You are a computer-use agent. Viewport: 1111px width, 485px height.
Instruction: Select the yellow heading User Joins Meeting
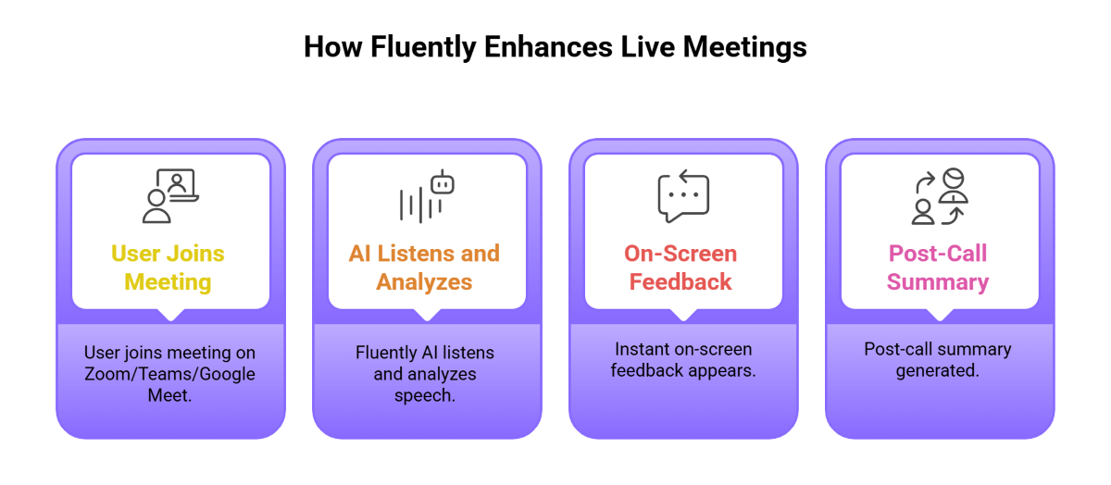(169, 267)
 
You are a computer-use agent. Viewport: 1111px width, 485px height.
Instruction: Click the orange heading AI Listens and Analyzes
(424, 267)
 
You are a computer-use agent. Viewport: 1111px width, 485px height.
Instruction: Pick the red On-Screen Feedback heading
(680, 267)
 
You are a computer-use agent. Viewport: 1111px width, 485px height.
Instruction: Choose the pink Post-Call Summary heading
(938, 267)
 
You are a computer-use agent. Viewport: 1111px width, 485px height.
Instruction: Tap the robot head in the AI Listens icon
(443, 182)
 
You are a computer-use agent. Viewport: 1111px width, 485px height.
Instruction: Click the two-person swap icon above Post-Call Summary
(938, 196)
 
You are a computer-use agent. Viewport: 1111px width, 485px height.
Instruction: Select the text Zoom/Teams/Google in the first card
(170, 374)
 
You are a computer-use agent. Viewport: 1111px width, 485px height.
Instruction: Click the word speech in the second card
(425, 395)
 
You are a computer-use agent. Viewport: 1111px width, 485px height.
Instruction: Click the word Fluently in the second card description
(389, 353)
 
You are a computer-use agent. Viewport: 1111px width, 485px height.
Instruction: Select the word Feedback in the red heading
(680, 281)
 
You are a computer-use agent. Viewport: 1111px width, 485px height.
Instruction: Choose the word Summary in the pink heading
(938, 281)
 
